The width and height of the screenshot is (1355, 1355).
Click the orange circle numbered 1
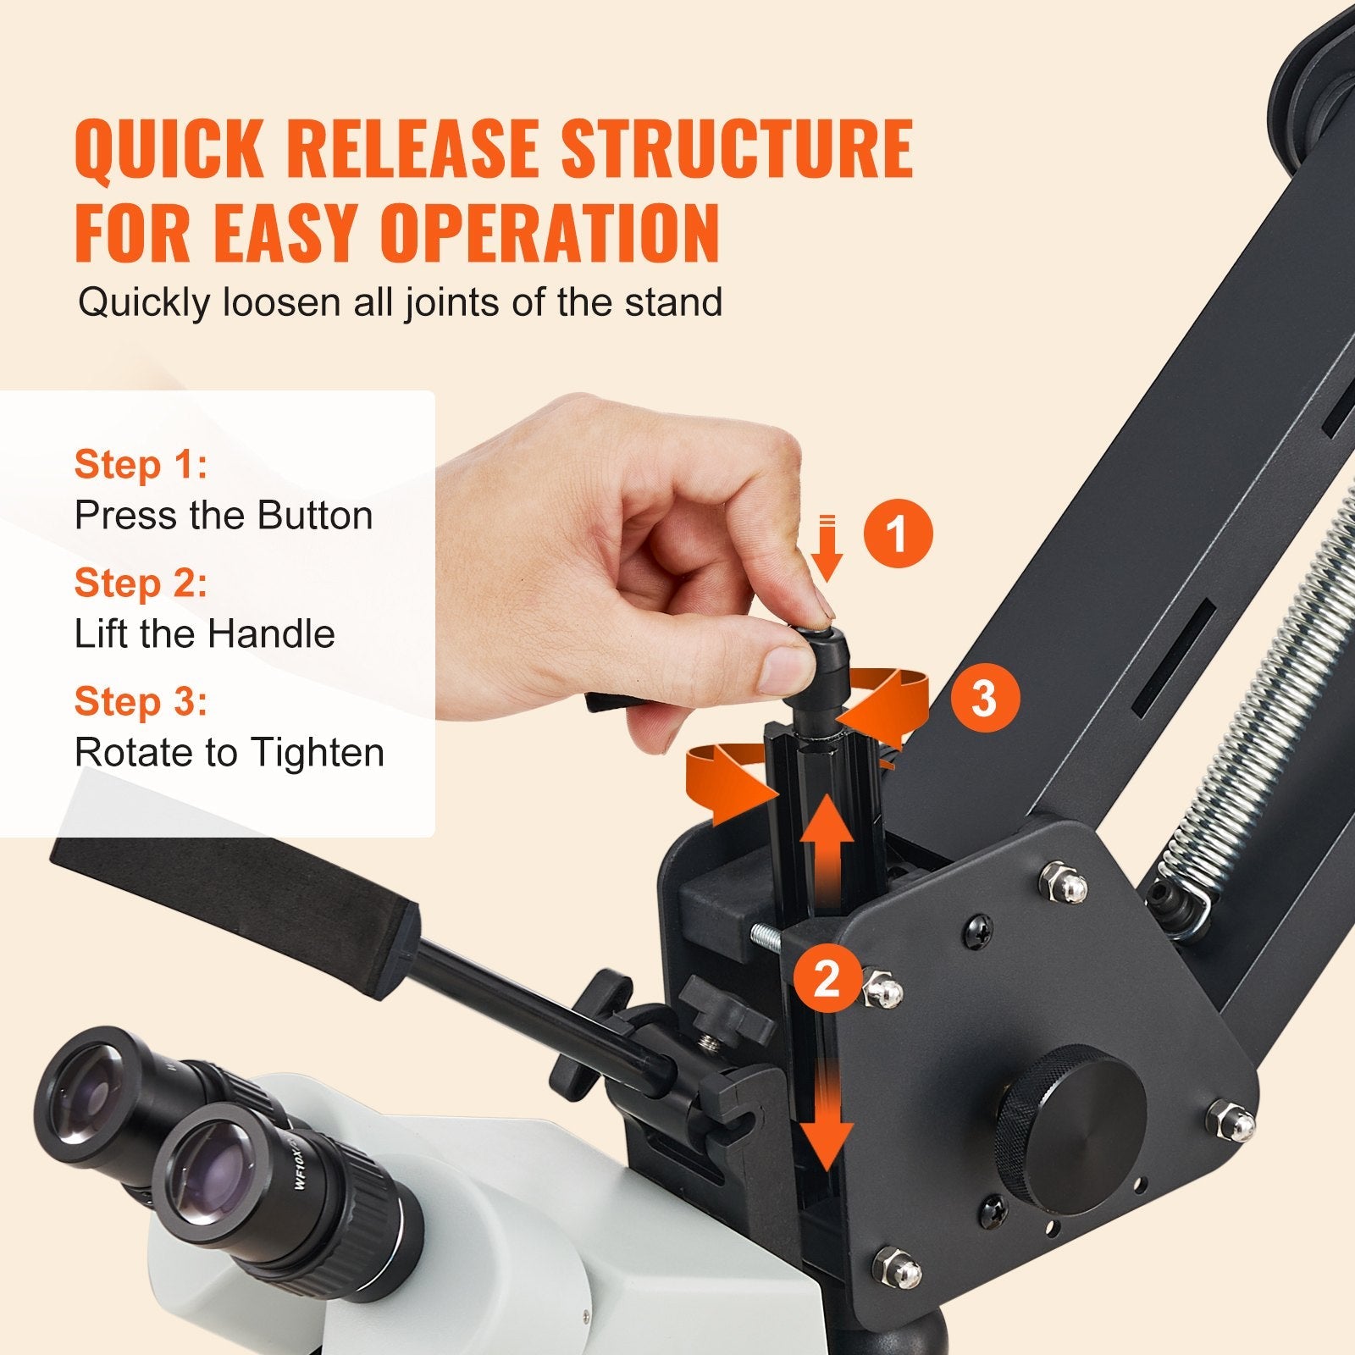click(898, 534)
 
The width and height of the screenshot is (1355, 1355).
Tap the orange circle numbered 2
click(826, 978)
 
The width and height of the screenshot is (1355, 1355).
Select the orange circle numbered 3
click(983, 699)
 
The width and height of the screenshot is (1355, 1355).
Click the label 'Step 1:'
click(141, 465)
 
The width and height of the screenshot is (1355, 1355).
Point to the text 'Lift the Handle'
click(204, 634)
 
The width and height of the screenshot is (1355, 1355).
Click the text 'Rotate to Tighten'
click(229, 753)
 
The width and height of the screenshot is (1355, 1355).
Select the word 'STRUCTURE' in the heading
click(737, 149)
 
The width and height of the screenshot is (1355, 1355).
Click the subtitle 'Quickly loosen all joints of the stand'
click(400, 302)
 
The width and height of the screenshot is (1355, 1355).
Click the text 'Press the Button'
click(224, 516)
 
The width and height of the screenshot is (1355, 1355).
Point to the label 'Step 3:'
click(141, 702)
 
